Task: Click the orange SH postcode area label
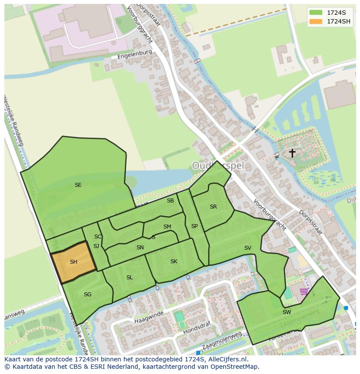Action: coord(73,262)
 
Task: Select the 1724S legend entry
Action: coord(337,13)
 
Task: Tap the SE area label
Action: coord(78,185)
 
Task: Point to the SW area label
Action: coord(287,312)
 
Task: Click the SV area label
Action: coord(247,248)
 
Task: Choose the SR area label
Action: coord(213,207)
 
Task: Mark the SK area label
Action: coord(173,261)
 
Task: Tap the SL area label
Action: coord(130,278)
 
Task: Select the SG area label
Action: coord(87,295)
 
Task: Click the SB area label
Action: coord(170,201)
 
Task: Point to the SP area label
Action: coord(194,226)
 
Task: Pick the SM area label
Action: coord(167,227)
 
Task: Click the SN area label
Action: coord(140,248)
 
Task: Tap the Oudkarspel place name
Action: coord(218,165)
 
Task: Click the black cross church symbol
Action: coord(292,153)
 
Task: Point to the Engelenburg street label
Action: coord(134,54)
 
